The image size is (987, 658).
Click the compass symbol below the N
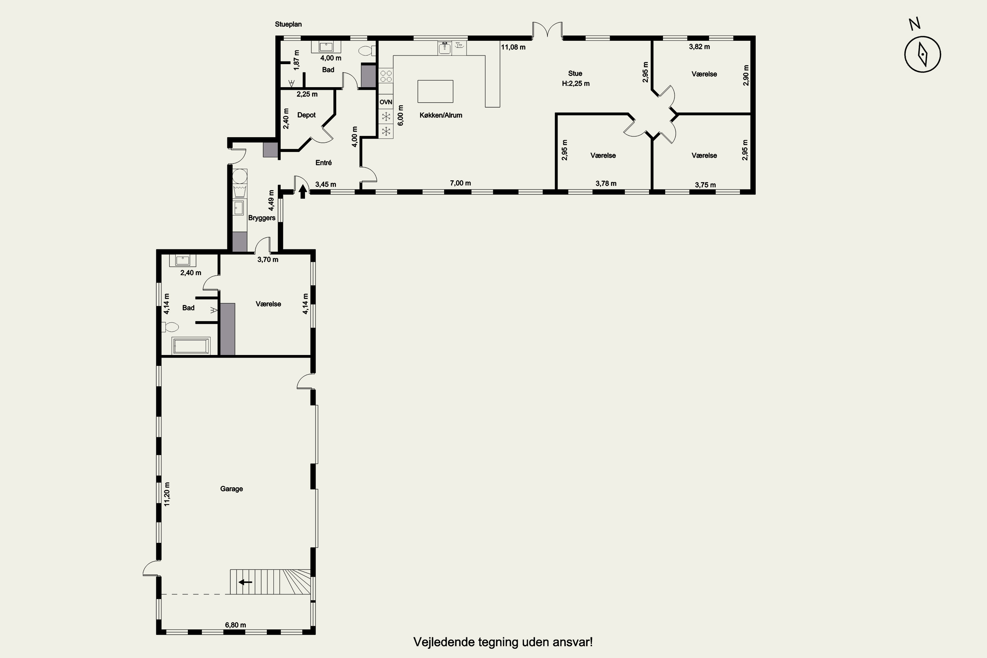(923, 54)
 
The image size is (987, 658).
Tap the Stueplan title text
(288, 24)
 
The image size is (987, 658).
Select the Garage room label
(232, 489)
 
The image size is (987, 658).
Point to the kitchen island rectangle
(435, 91)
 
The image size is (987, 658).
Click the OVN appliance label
(386, 102)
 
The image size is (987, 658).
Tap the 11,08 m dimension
(513, 47)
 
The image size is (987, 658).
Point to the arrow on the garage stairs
(245, 582)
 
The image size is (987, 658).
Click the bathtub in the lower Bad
(191, 346)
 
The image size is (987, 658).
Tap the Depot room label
(306, 115)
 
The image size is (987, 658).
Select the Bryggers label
(262, 218)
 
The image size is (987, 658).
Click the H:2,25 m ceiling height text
(576, 84)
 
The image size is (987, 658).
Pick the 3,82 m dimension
(699, 47)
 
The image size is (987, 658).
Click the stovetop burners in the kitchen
(386, 76)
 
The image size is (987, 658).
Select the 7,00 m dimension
(460, 183)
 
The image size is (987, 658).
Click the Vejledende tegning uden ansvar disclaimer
(503, 642)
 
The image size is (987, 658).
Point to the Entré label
(323, 163)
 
